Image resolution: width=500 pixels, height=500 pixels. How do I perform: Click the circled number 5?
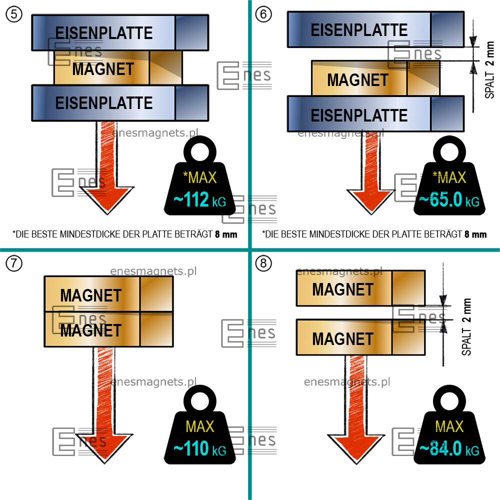[x=13, y=14]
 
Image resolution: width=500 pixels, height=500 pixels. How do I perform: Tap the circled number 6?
[x=263, y=14]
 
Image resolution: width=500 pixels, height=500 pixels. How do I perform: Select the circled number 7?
[x=13, y=263]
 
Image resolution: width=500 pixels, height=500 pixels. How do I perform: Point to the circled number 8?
[x=263, y=263]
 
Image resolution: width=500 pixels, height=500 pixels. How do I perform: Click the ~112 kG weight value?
[x=199, y=200]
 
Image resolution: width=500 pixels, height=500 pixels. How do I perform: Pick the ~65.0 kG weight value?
[x=448, y=200]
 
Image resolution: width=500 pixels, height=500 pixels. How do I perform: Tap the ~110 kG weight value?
[x=199, y=448]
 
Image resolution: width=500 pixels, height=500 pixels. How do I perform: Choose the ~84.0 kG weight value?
[x=448, y=448]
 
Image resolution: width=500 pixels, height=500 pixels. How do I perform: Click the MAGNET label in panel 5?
[x=103, y=69]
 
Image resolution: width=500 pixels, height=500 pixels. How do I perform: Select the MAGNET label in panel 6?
[x=357, y=80]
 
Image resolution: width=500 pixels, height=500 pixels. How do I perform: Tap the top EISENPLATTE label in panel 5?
[x=104, y=33]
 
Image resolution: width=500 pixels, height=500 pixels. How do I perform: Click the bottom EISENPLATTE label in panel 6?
[x=359, y=115]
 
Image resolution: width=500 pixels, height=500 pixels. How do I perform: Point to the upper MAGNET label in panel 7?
[x=91, y=295]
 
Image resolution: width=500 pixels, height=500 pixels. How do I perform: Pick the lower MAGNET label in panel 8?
[x=343, y=339]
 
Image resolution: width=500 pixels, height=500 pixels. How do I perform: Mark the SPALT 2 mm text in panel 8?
[x=466, y=327]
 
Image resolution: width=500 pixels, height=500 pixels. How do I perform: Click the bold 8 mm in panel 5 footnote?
[x=225, y=233]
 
